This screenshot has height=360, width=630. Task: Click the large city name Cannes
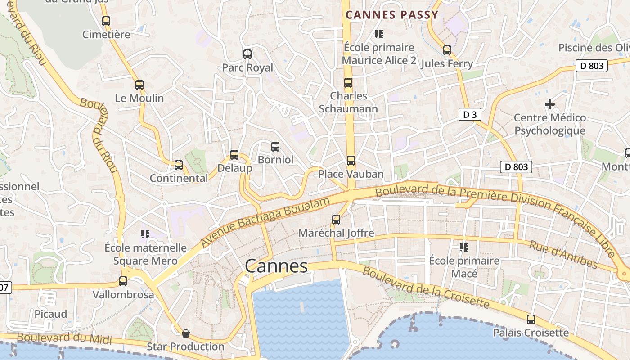coord(276,266)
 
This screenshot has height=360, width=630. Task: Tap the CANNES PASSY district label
coord(392,15)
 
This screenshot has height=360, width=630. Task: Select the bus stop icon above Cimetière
coord(106,21)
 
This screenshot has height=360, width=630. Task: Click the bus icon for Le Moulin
coord(139,85)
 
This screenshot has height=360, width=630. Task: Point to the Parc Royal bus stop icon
coord(247,54)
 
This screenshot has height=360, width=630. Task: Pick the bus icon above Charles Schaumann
coord(348,83)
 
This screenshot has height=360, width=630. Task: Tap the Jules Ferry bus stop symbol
coord(447,50)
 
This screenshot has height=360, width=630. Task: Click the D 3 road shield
coord(470,114)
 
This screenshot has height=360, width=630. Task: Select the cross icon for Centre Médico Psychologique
coord(549,104)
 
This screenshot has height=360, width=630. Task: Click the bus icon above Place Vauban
coord(351,160)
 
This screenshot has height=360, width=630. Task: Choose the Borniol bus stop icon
coord(275,146)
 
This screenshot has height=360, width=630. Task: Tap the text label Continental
coord(179,178)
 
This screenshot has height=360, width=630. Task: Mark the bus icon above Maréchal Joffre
coord(336,220)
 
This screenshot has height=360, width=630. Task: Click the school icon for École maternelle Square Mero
coord(145,234)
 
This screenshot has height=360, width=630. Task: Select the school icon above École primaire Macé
coord(464,247)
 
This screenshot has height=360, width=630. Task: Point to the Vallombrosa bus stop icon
coord(123,281)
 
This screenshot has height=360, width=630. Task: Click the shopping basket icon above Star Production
coord(185,333)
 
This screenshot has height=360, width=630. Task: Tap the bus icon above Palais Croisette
coord(531,319)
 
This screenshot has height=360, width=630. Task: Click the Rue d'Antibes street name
coord(562,255)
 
